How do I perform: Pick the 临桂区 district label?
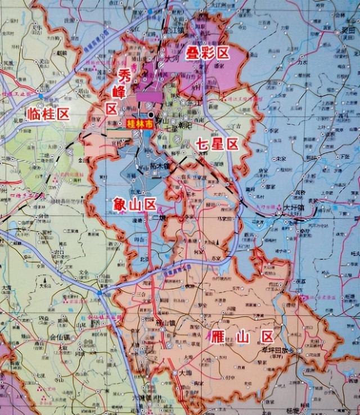(48, 115)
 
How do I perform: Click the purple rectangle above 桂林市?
(149, 97)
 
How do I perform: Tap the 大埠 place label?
(186, 372)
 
